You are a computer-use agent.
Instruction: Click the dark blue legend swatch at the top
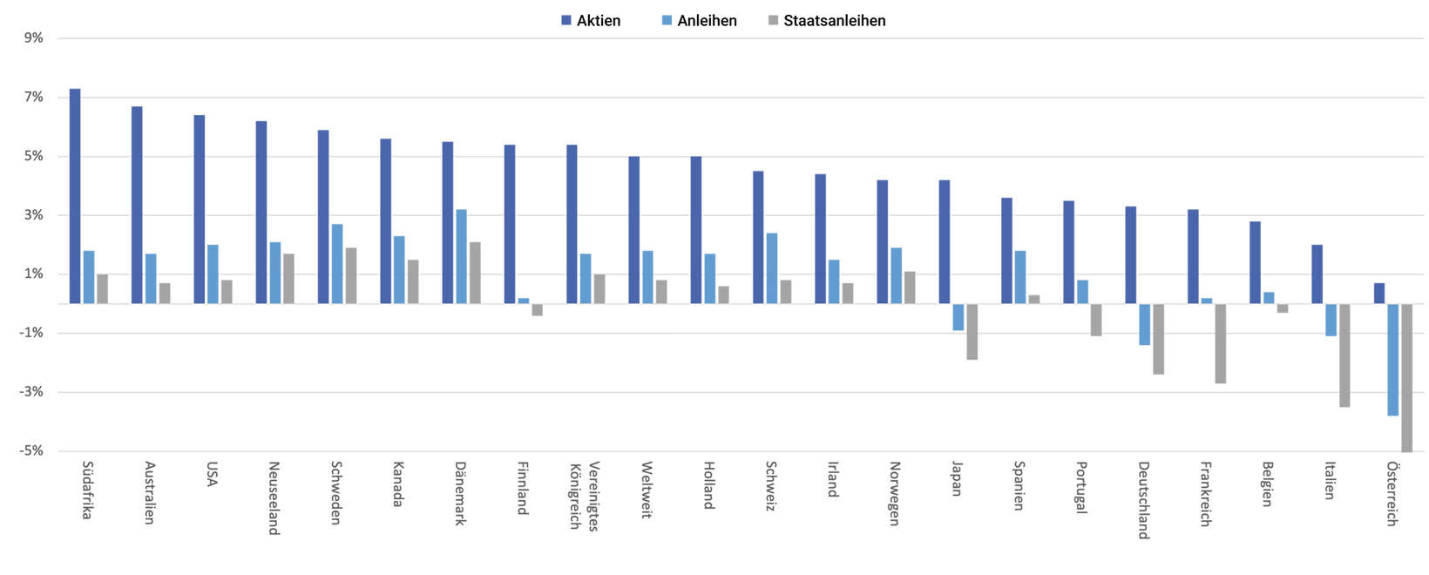coord(569,21)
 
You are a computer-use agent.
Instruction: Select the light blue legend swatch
coord(668,21)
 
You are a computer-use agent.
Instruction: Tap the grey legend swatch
coord(774,21)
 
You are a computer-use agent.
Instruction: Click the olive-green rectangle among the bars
coord(664,186)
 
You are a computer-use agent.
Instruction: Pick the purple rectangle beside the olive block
coord(726,186)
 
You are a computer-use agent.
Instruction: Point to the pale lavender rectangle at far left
coord(105,186)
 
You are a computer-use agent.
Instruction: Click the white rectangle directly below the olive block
coord(664,232)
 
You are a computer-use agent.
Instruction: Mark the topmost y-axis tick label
coord(38,38)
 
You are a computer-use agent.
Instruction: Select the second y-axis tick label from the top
coord(38,98)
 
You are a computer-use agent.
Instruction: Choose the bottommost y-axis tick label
coord(38,450)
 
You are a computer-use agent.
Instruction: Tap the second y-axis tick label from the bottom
coord(38,391)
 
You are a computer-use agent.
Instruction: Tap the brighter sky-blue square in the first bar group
coord(112,260)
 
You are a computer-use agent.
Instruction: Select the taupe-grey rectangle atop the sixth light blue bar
coord(416,226)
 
